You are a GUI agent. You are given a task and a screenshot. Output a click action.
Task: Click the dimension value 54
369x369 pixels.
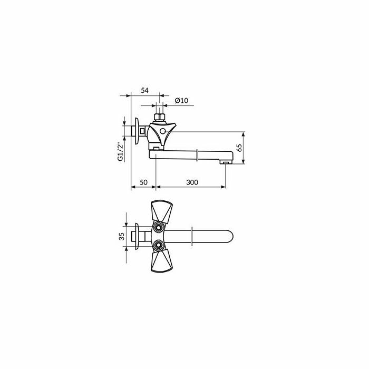145,90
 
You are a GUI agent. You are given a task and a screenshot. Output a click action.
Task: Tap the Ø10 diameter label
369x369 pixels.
181,101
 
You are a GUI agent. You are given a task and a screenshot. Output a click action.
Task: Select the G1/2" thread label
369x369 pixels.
121,152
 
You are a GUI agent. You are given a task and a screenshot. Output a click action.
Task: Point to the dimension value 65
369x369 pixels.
239,148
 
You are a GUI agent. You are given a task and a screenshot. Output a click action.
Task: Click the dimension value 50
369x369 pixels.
143,182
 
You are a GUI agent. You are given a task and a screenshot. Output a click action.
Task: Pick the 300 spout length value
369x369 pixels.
192,182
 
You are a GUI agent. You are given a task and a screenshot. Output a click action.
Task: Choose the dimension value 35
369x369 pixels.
122,236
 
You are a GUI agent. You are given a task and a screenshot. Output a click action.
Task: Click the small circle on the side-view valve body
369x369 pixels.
162,131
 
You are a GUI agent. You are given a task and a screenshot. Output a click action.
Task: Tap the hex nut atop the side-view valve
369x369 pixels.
159,117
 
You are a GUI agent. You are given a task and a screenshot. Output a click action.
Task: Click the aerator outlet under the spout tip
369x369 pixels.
226,162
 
